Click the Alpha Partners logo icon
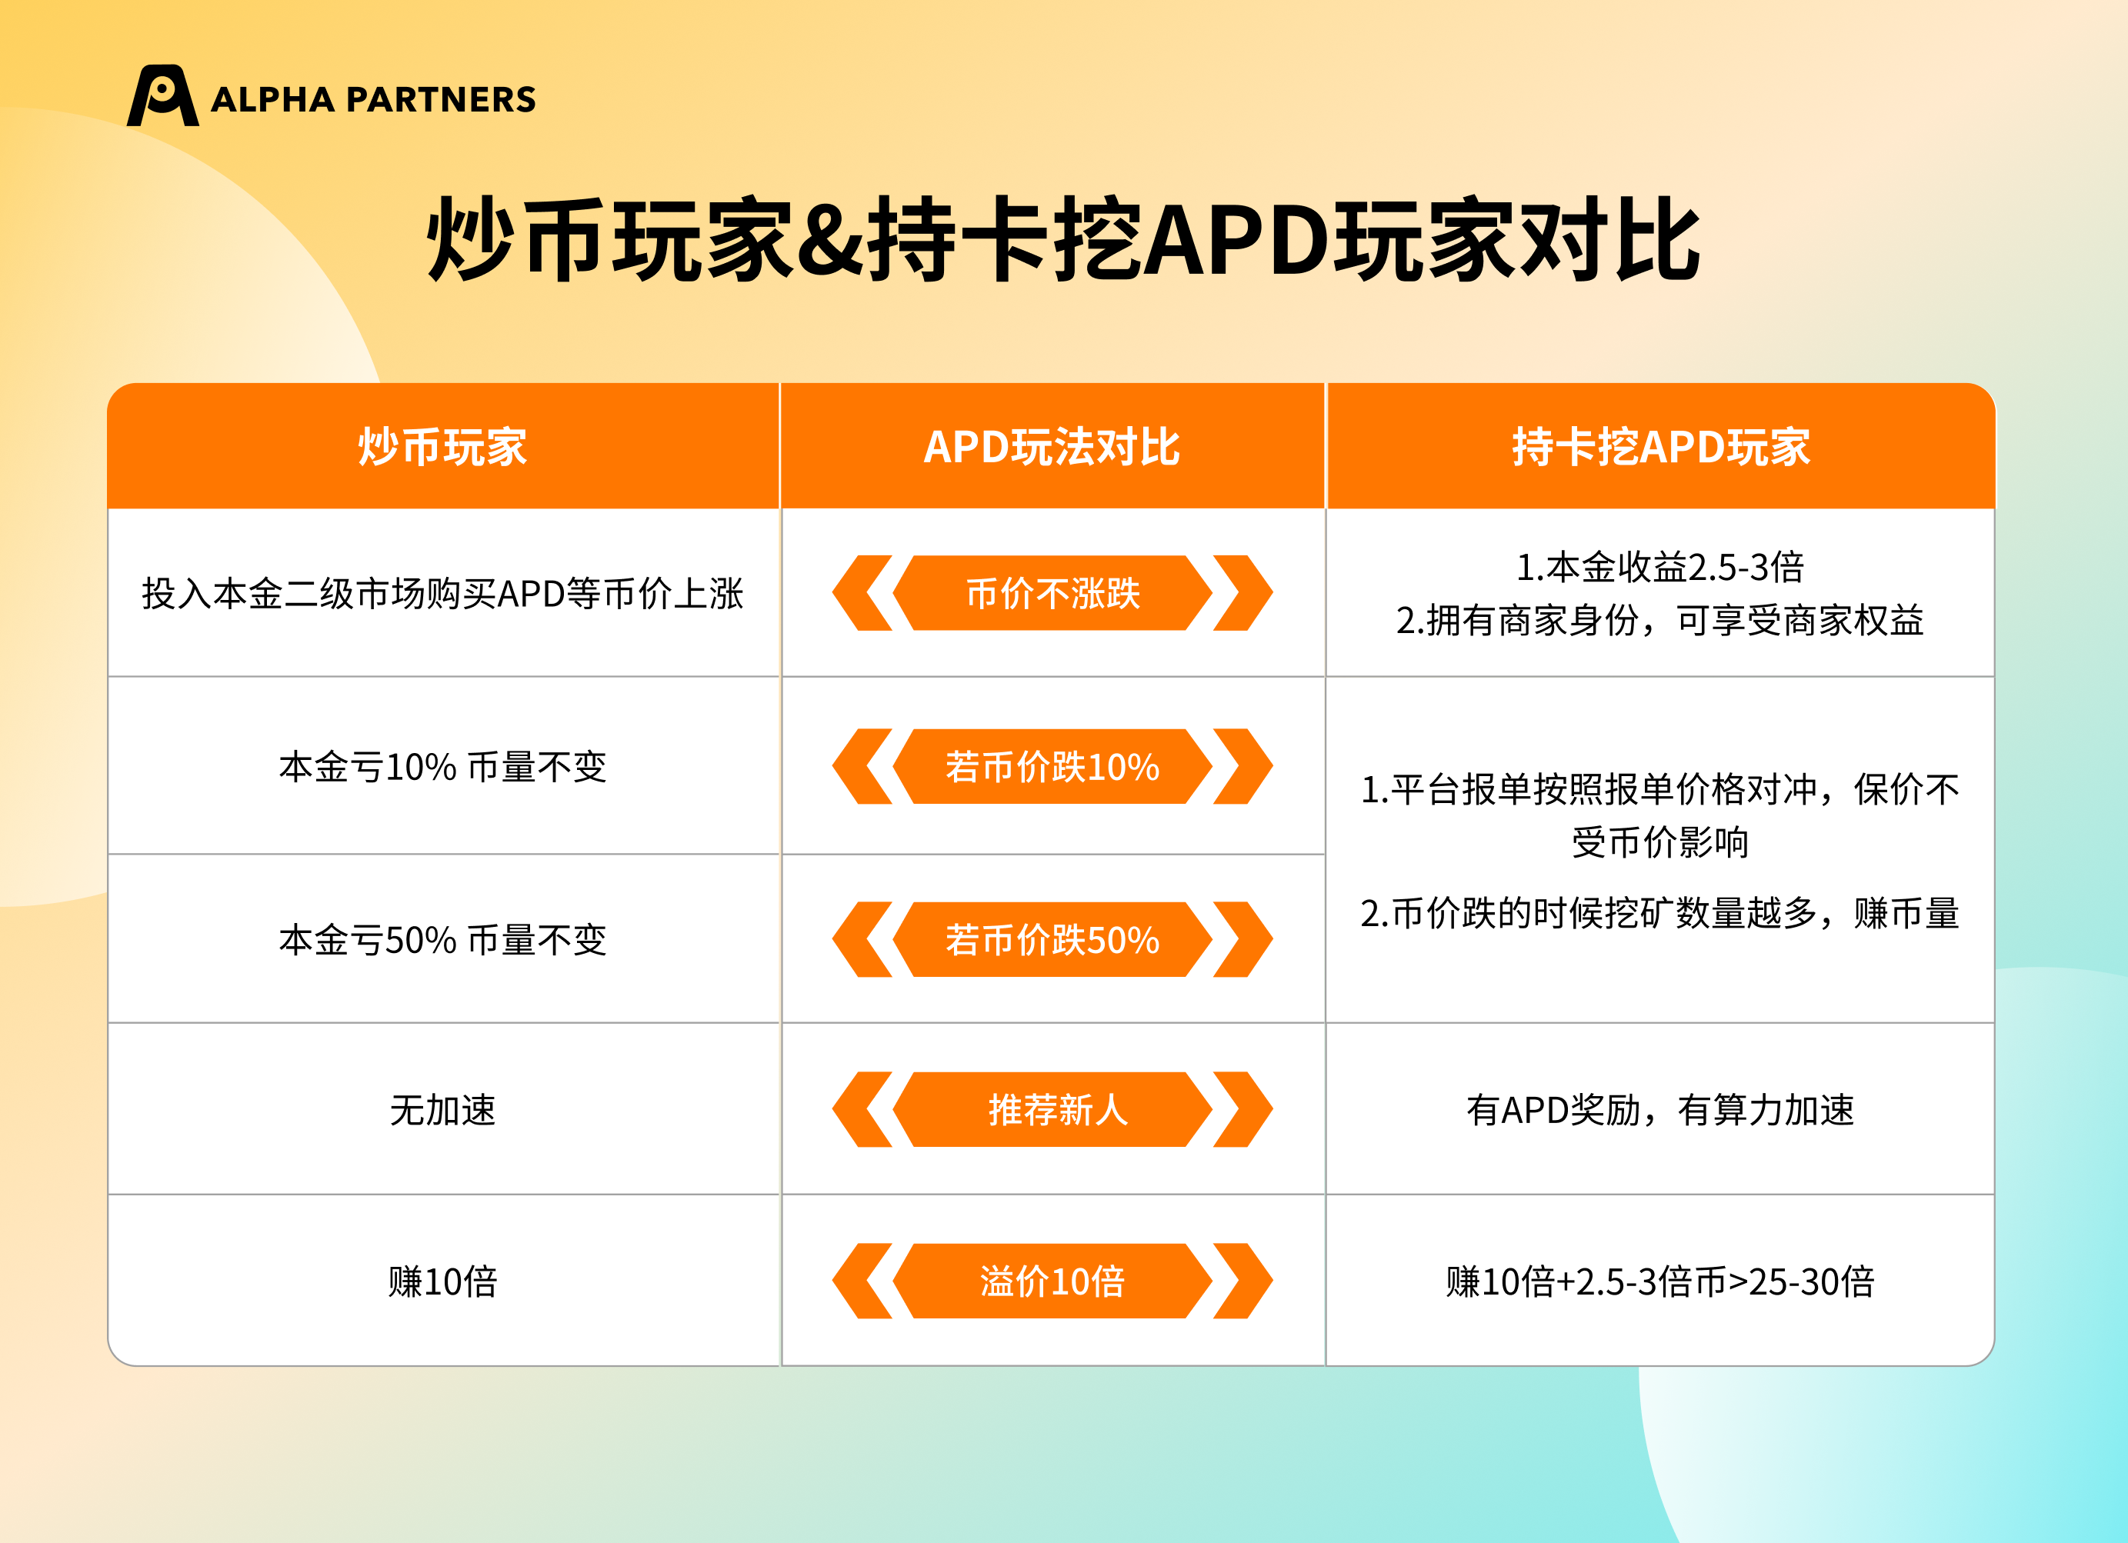(x=162, y=95)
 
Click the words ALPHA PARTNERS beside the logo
(x=373, y=99)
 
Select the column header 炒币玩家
(x=443, y=446)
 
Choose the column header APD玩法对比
(x=1052, y=446)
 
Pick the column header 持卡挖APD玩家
(x=1661, y=446)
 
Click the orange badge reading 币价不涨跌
(x=1052, y=593)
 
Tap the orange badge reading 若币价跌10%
(x=1052, y=766)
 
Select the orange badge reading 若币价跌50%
(x=1052, y=939)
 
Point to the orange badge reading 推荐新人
(x=1052, y=1110)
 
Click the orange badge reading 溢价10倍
(x=1052, y=1281)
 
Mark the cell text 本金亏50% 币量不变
(x=443, y=940)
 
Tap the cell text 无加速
(x=443, y=1111)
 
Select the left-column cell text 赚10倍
(x=443, y=1281)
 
